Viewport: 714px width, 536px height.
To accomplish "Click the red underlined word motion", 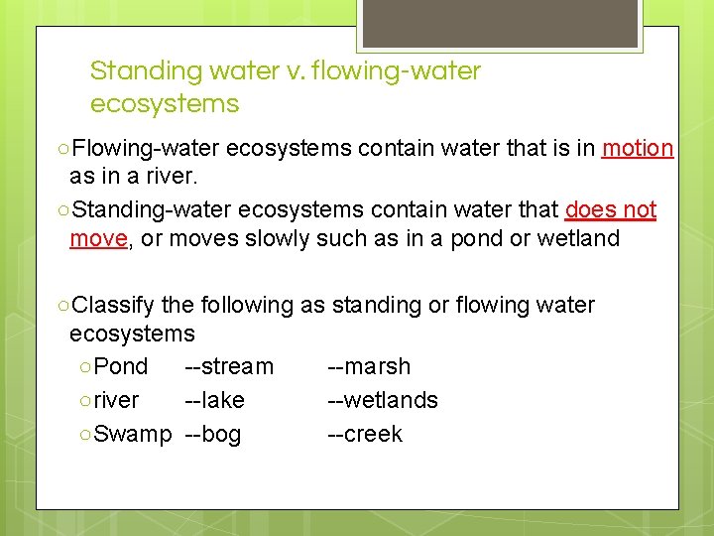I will (x=638, y=149).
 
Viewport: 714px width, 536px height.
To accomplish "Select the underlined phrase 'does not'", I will (x=610, y=210).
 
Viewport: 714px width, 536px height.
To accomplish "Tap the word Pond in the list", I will (x=124, y=366).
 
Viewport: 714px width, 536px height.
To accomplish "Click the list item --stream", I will (x=229, y=366).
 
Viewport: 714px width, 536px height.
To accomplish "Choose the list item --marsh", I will (x=369, y=366).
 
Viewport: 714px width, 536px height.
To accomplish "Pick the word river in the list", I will (x=116, y=400).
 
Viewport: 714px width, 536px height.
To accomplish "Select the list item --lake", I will (x=214, y=400).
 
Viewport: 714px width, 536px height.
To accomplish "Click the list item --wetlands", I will (x=383, y=400).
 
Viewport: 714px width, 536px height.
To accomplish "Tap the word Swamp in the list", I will (x=133, y=434).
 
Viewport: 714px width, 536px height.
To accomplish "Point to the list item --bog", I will (x=212, y=434).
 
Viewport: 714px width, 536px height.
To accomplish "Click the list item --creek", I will (x=365, y=434).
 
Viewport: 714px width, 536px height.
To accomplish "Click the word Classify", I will (x=114, y=305).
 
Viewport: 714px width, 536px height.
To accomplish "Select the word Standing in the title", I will (x=145, y=71).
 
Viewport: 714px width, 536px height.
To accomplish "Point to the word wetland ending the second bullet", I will (x=578, y=239).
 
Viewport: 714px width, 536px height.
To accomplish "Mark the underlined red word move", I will (x=98, y=239).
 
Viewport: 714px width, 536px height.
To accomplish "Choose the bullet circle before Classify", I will (x=63, y=306).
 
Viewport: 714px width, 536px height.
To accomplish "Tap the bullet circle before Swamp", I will (x=85, y=435).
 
